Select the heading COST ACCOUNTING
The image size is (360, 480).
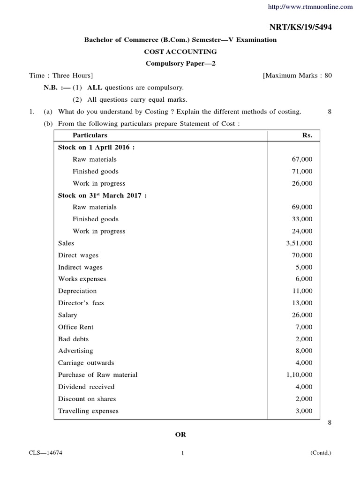(180, 52)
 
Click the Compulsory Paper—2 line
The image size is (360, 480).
(180, 63)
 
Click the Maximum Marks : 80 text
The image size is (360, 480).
(298, 75)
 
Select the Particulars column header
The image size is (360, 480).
(82, 135)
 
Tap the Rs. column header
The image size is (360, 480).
(307, 135)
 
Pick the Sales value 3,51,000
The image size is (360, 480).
(299, 243)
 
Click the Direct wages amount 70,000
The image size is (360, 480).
(302, 255)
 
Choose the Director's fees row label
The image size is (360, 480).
(81, 303)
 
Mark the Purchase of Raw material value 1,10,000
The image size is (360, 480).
(299, 375)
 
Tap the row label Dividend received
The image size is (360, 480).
(86, 387)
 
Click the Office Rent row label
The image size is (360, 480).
(76, 327)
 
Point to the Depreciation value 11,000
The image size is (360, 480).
(302, 291)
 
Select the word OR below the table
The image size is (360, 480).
(180, 435)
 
